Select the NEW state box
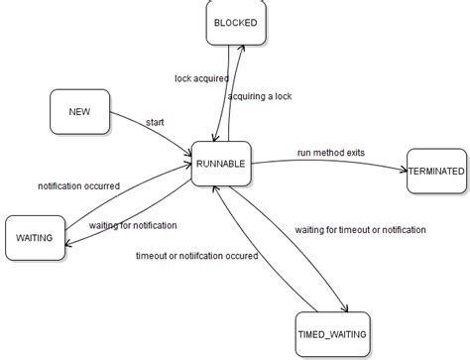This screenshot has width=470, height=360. coord(80,112)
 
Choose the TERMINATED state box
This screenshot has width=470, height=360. coord(435,171)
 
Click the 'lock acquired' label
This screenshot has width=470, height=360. coord(201,76)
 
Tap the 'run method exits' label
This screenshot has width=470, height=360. coord(331,153)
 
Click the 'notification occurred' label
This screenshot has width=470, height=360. coord(78,185)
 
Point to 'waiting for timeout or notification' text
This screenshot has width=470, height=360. coord(361,229)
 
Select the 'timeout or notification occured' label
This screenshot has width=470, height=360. coord(197,256)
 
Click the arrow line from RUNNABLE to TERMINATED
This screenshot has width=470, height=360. coord(327,163)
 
